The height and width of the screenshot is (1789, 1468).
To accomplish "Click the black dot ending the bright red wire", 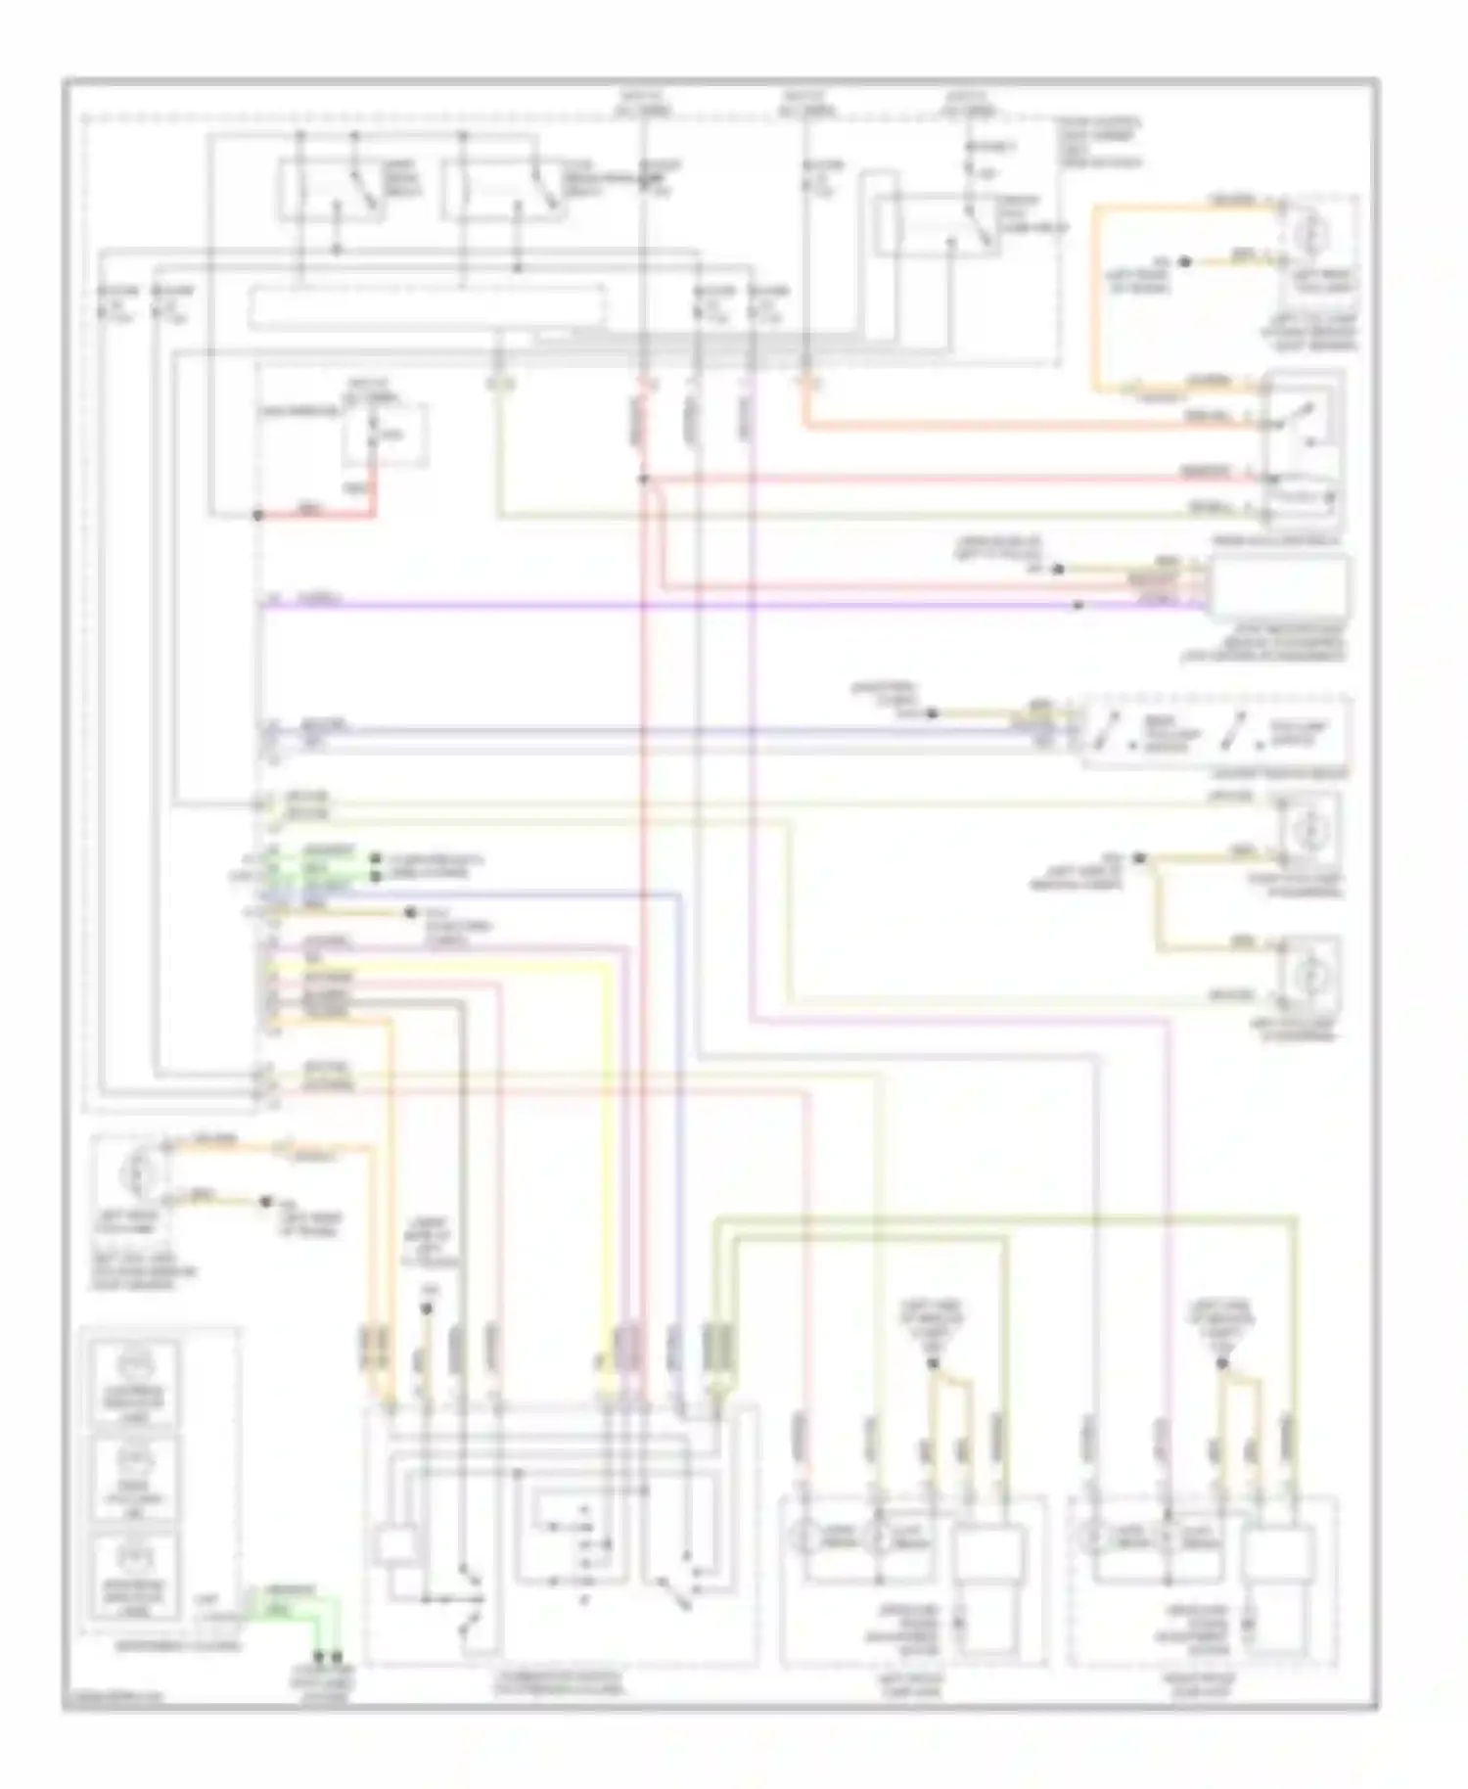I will click(x=258, y=515).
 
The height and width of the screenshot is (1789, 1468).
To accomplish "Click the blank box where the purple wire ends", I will click(x=1281, y=586).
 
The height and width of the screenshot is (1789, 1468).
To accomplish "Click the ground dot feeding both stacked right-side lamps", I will click(x=1138, y=859).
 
